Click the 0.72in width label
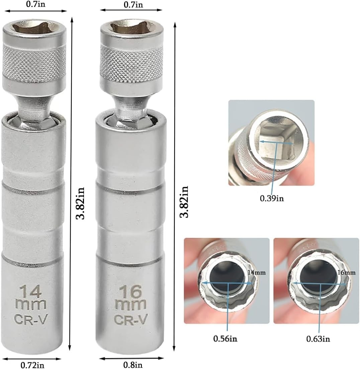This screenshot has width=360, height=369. [x=32, y=365]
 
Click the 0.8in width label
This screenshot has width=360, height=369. [x=132, y=365]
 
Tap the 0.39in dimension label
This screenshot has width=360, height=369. [x=272, y=199]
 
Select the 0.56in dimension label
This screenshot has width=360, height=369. [x=225, y=339]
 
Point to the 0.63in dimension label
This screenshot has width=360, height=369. [x=318, y=339]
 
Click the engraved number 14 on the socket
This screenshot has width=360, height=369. [x=31, y=291]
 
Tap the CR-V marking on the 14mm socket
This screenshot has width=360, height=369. [x=31, y=320]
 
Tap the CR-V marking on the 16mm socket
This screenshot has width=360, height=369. [x=131, y=319]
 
